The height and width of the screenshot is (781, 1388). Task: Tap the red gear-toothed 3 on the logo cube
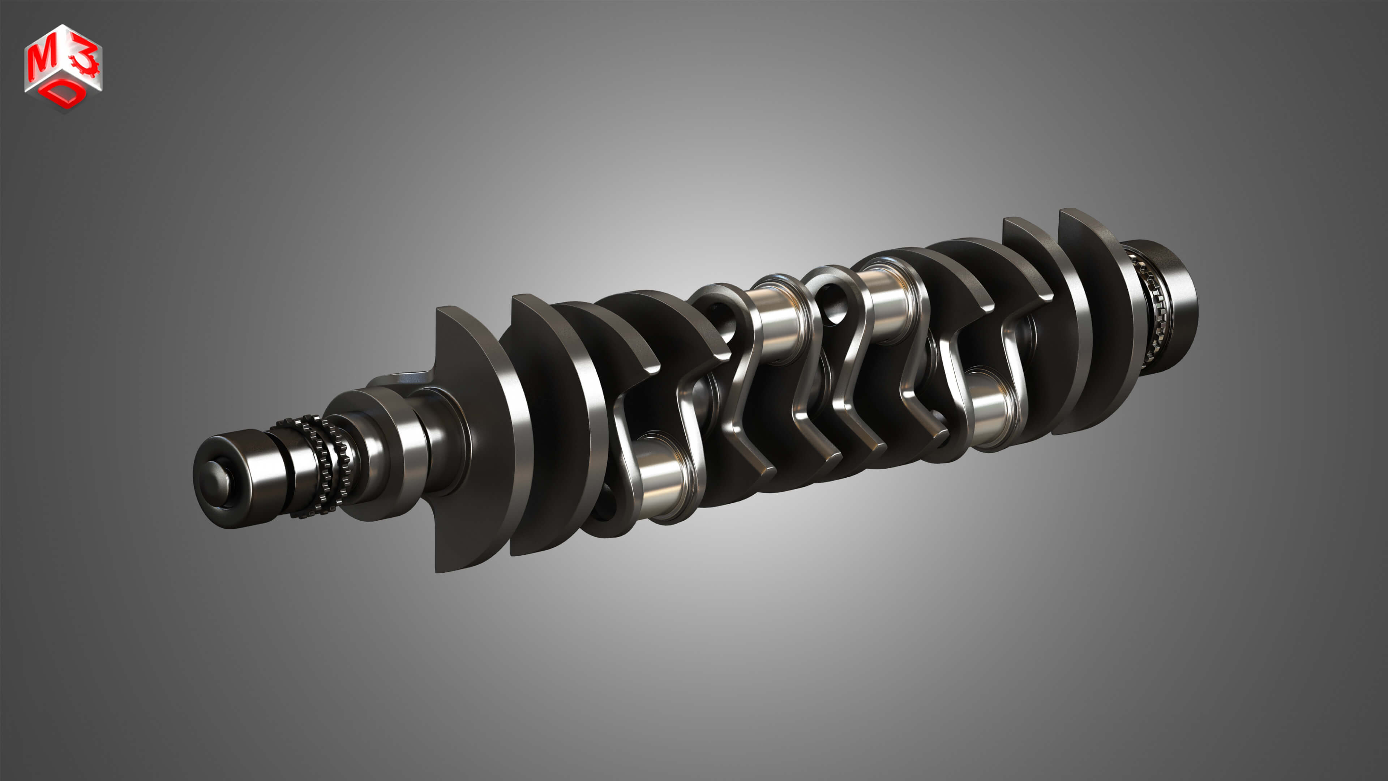pos(85,61)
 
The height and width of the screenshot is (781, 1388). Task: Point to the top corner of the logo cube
pos(64,24)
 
